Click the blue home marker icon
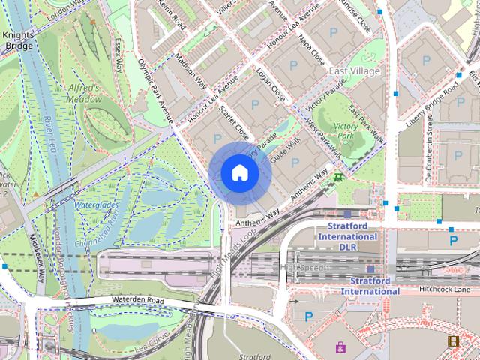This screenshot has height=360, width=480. point(240,173)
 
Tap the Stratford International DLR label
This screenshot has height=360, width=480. point(348,236)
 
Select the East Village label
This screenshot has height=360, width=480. point(354,70)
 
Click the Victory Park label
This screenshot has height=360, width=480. point(346,131)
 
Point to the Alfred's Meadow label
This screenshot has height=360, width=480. point(84,93)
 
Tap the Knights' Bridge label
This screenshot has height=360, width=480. point(17,40)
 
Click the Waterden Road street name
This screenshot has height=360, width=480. point(138,300)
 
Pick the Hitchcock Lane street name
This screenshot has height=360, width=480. point(445,289)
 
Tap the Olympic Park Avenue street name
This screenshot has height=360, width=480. point(156,91)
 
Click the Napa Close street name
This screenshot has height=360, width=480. point(311,49)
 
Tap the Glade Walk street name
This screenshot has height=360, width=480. point(285,150)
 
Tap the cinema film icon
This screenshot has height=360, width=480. point(453,340)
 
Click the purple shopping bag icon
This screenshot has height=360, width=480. point(341,346)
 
